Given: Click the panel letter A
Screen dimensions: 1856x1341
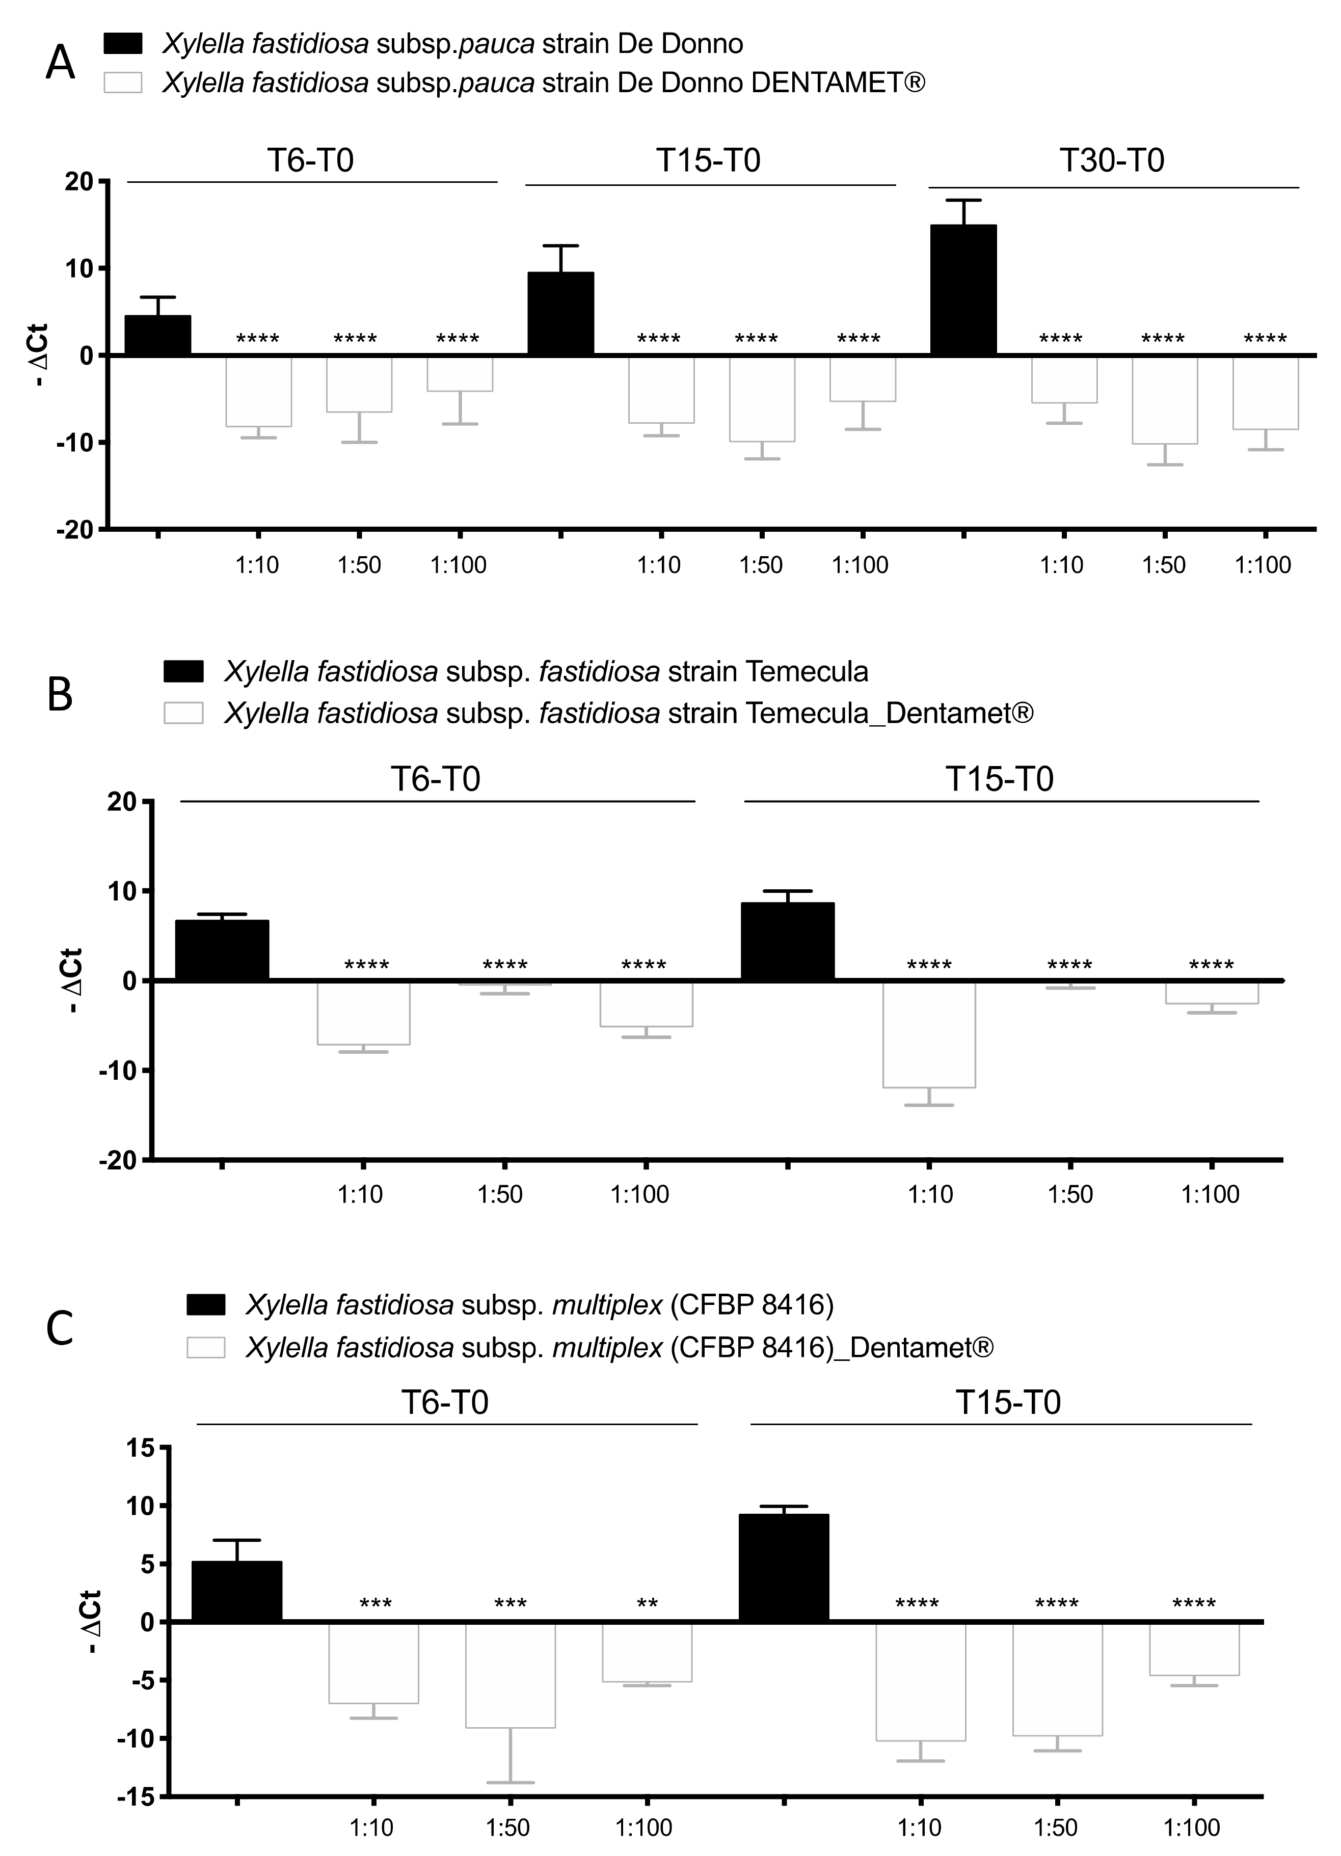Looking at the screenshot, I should pos(60,63).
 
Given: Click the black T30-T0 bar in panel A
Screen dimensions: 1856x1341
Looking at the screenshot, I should pos(963,290).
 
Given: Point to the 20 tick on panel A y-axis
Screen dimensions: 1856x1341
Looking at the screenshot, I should pos(79,182).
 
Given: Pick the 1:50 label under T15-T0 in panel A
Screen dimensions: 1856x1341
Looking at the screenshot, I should pos(761,565).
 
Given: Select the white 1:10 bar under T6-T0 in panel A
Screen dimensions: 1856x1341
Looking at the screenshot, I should pos(259,391).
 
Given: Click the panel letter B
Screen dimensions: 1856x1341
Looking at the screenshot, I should pos(60,695).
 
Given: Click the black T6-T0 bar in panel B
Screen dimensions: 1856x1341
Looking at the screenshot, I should pos(222,950).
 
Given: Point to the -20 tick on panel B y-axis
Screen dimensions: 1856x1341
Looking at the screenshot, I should pos(121,1160).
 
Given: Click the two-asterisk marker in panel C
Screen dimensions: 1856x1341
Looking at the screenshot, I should pos(647,1603).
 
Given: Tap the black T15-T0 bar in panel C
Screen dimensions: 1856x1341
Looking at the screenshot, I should pos(784,1567).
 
